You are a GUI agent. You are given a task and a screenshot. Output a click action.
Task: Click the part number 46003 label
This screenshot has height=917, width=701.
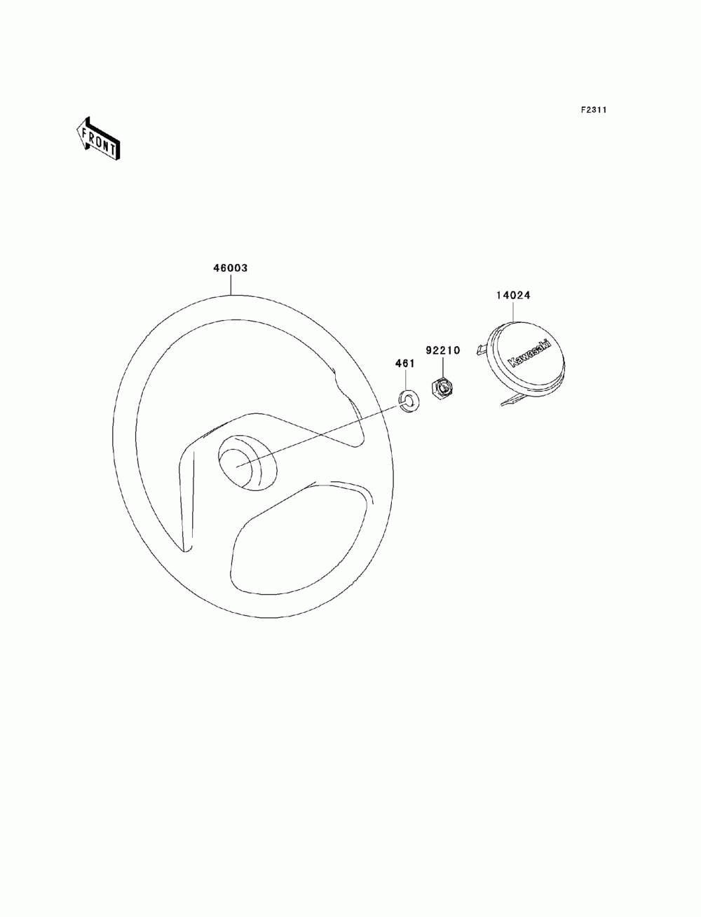[x=231, y=268]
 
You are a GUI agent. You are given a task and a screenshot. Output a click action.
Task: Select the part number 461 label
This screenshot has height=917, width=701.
[x=405, y=364]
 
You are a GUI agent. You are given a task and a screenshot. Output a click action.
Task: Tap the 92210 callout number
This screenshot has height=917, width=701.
[x=442, y=350]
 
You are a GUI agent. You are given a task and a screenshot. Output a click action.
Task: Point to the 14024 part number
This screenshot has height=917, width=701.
[x=513, y=295]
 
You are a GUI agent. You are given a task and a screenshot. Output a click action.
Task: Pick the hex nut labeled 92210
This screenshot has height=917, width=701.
[x=442, y=389]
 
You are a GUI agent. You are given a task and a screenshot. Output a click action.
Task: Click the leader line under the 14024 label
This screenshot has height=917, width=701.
[x=513, y=312]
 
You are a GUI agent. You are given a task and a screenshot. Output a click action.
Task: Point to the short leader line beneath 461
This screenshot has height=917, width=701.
[x=406, y=379]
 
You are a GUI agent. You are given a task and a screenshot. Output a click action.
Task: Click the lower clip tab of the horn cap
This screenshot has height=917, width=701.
[x=512, y=400]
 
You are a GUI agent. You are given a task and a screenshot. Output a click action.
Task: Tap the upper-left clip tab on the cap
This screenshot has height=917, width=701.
[x=479, y=349]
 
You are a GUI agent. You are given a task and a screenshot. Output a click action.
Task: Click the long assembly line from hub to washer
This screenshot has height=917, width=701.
[x=322, y=434]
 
